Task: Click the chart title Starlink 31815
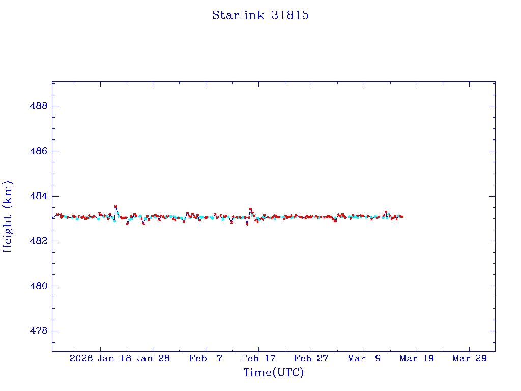(x=260, y=15)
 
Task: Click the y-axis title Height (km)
(x=8, y=216)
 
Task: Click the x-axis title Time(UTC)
(x=273, y=373)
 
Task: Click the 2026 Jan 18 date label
(x=100, y=358)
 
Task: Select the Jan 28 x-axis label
(x=153, y=358)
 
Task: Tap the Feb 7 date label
(x=206, y=358)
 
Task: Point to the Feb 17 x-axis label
(x=258, y=358)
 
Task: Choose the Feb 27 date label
(x=311, y=358)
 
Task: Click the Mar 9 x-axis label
(x=364, y=358)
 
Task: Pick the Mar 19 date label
(x=417, y=358)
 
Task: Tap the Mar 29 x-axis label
(x=470, y=358)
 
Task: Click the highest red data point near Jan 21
(x=115, y=206)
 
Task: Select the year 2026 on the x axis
(x=81, y=358)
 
